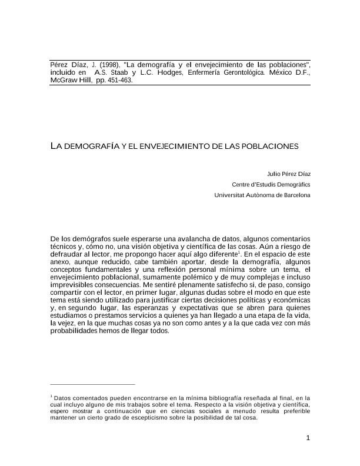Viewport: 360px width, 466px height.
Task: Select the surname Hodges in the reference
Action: click(x=168, y=72)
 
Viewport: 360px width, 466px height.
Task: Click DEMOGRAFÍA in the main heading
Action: click(x=91, y=145)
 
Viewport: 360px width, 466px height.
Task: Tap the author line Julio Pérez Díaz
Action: click(x=288, y=174)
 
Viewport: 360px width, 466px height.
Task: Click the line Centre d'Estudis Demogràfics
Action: click(x=271, y=184)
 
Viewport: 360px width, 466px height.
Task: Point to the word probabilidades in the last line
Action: click(x=74, y=331)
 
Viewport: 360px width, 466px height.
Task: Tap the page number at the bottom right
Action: click(x=308, y=437)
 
